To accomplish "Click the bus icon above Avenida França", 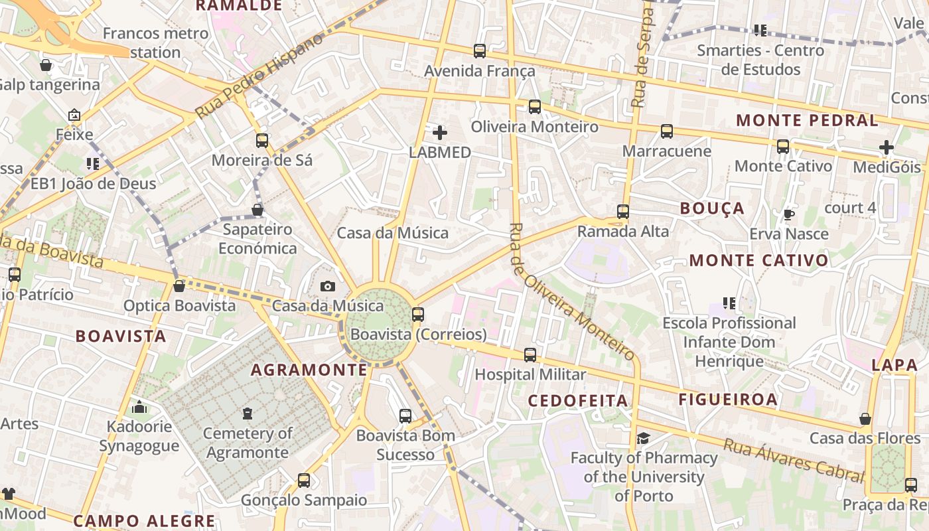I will (479, 50).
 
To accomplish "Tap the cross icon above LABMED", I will (439, 132).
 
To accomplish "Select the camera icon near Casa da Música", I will (327, 286).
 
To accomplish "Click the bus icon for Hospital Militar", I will (530, 355).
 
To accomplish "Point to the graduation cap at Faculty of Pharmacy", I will (643, 438).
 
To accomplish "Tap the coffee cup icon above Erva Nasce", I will (788, 214).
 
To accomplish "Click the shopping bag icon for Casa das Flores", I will (865, 419).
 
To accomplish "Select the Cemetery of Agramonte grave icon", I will (248, 414).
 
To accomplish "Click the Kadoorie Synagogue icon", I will (139, 407).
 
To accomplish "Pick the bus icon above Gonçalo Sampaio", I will (303, 480).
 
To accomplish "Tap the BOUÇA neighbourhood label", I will (712, 208).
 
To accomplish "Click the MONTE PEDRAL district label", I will (807, 120).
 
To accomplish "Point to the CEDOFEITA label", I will (577, 400).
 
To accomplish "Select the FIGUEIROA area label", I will (727, 399).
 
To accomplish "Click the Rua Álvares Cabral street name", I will (794, 460).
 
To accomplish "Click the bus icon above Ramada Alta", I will (622, 212).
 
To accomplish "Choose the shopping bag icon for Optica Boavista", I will (179, 286).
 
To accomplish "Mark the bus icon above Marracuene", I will (666, 131).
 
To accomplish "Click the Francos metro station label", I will (155, 42).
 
